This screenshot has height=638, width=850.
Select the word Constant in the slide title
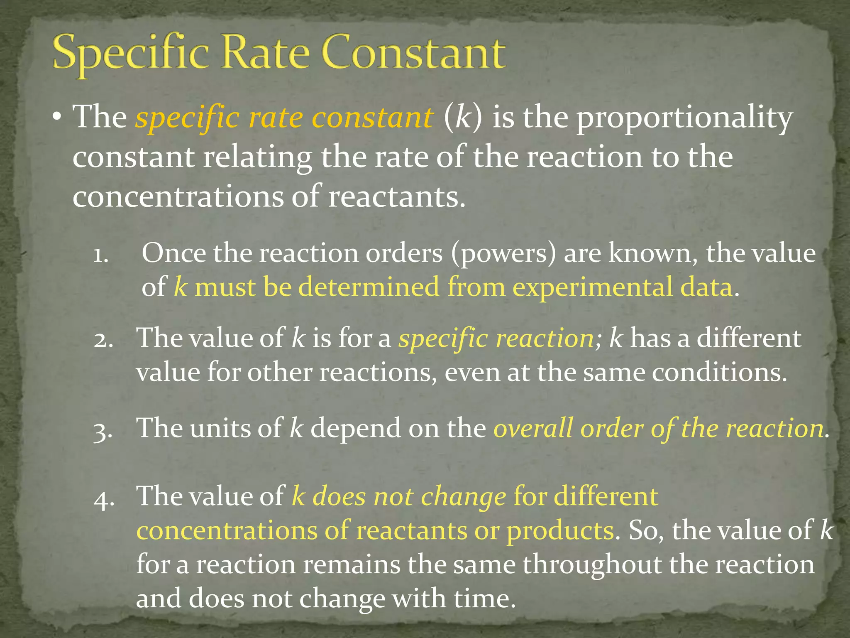tap(413, 54)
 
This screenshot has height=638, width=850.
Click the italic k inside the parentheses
tap(463, 118)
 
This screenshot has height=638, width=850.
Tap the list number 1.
tap(101, 254)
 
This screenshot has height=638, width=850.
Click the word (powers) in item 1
tap(503, 253)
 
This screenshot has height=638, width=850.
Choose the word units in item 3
tap(220, 428)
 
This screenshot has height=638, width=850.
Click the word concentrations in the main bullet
tap(178, 196)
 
